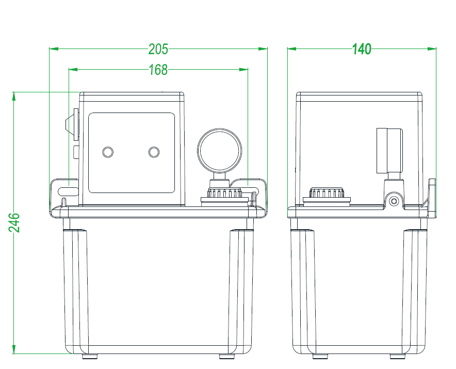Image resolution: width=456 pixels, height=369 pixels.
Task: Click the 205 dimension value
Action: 158,49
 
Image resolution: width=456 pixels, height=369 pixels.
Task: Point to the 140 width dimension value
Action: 362,49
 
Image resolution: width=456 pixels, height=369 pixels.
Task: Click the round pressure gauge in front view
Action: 219,151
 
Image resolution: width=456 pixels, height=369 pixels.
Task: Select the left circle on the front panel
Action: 107,152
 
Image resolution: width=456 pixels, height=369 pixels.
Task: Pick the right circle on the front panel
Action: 154,152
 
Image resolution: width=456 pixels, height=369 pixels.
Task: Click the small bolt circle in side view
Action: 395,201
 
